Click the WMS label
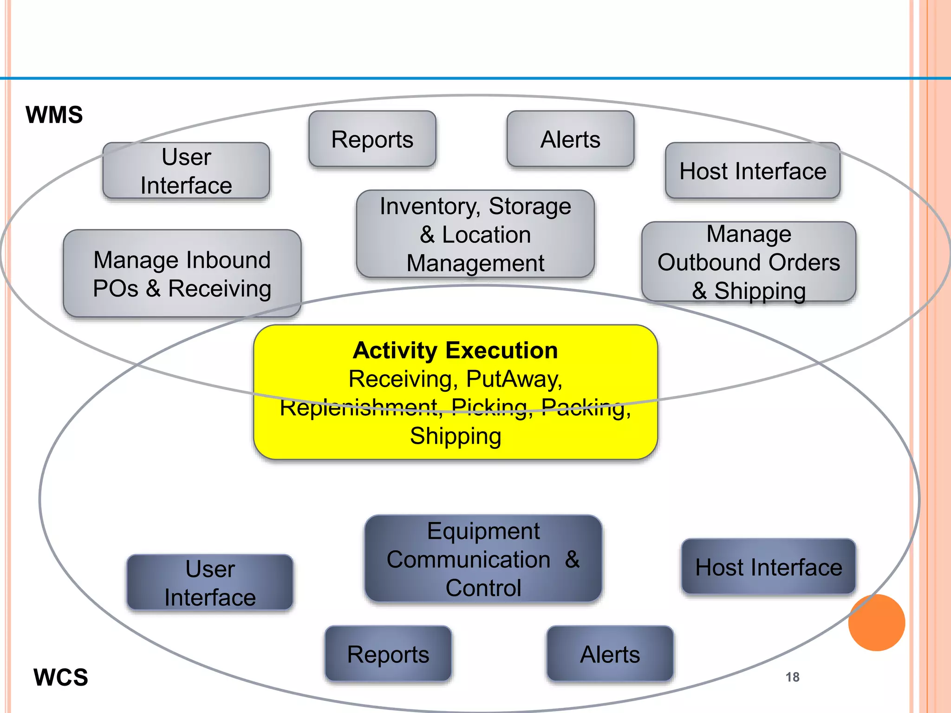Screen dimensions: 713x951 click(x=54, y=115)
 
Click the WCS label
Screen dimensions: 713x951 click(x=60, y=677)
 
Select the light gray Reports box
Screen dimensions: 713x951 click(x=372, y=139)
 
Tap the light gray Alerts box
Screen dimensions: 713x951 click(x=570, y=139)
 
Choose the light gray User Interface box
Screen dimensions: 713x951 click(x=186, y=171)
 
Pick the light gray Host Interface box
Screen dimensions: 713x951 click(x=753, y=171)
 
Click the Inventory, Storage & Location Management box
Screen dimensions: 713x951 click(x=475, y=234)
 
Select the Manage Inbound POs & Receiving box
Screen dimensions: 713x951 click(x=182, y=274)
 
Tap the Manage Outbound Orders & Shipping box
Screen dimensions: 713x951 click(x=749, y=262)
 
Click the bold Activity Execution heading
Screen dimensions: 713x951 click(x=455, y=350)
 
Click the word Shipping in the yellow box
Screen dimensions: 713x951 click(x=456, y=436)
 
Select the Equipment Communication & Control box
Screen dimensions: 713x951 click(x=483, y=559)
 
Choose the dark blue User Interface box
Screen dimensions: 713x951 click(x=210, y=583)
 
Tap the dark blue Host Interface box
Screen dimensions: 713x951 click(x=769, y=567)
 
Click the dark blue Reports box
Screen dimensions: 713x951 click(x=388, y=654)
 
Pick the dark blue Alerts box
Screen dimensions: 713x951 click(x=610, y=654)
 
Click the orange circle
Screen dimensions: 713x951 click(x=876, y=622)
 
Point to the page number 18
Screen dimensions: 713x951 click(x=792, y=677)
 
